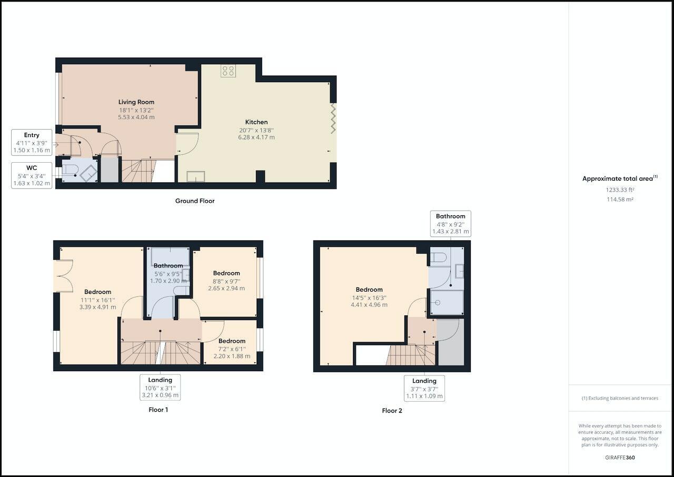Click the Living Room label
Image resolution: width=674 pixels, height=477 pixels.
pyautogui.click(x=136, y=102)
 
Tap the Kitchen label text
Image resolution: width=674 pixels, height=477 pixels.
pyautogui.click(x=256, y=122)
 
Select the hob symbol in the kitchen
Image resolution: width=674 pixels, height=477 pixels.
pyautogui.click(x=228, y=71)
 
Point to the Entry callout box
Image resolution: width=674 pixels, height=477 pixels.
pyautogui.click(x=32, y=143)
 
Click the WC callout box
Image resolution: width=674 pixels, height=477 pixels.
pyautogui.click(x=32, y=175)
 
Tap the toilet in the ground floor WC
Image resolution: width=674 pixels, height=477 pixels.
pyautogui.click(x=71, y=171)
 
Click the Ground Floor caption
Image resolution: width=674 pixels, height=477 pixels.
pyautogui.click(x=195, y=201)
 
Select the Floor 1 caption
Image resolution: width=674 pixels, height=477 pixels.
pyautogui.click(x=158, y=409)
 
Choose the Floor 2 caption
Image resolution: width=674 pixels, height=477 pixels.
pyautogui.click(x=392, y=411)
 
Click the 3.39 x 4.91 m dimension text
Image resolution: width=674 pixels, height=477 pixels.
pyautogui.click(x=97, y=307)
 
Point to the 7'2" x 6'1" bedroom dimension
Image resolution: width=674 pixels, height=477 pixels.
pyautogui.click(x=232, y=349)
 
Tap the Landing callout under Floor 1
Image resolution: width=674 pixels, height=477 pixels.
pyautogui.click(x=160, y=387)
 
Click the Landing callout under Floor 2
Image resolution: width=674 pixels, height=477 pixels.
pyautogui.click(x=424, y=389)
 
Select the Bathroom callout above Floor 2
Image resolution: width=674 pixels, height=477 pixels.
pyautogui.click(x=450, y=224)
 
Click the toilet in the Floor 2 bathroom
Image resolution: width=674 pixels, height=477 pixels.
pyautogui.click(x=438, y=257)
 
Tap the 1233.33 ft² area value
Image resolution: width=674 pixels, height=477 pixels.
pyautogui.click(x=620, y=190)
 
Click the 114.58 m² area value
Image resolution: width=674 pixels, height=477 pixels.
pyautogui.click(x=620, y=200)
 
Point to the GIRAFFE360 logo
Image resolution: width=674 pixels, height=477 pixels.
pyautogui.click(x=620, y=458)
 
